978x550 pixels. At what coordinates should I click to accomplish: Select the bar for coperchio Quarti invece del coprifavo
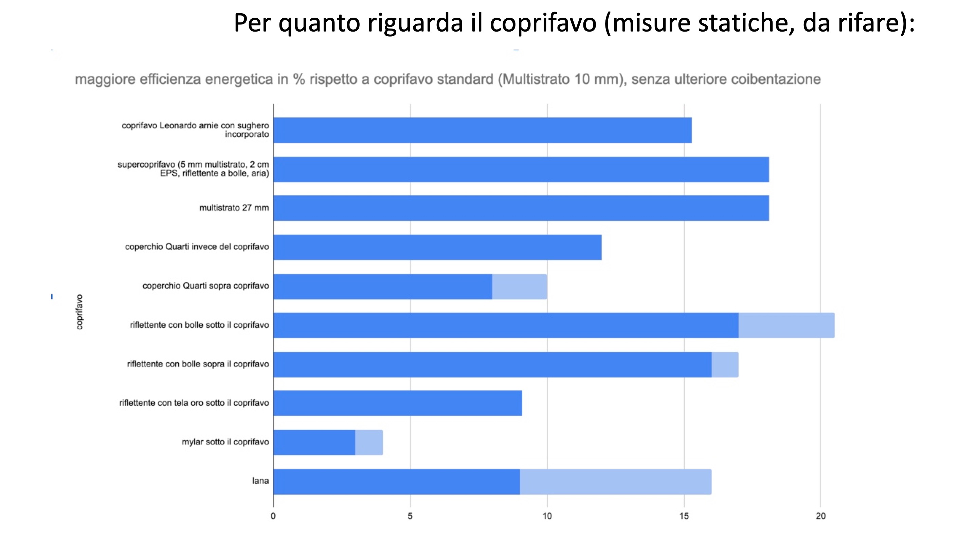[x=437, y=247]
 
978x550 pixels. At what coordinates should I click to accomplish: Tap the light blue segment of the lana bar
[x=615, y=482]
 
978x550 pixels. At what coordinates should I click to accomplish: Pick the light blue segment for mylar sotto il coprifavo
[x=369, y=442]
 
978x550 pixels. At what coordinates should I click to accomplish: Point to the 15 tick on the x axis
[x=684, y=516]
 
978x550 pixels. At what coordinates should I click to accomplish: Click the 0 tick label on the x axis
[x=273, y=516]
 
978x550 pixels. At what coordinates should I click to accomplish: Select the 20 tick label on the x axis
[x=820, y=516]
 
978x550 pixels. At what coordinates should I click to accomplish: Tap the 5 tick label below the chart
[x=410, y=516]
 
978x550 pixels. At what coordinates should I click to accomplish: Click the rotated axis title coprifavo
[x=79, y=312]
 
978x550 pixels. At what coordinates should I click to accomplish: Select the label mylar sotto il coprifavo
[x=225, y=442]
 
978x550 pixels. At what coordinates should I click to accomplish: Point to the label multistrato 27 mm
[x=234, y=208]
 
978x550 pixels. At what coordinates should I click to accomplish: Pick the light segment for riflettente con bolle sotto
[x=786, y=325]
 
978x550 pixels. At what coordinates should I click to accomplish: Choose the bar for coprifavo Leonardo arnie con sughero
[x=482, y=130]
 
